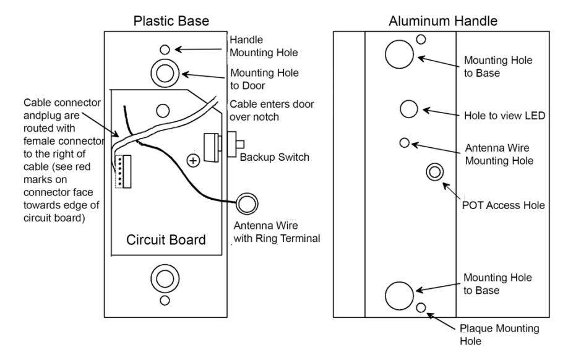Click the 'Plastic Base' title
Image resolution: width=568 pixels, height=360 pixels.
[171, 20]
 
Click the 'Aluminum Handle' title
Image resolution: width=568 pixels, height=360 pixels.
[442, 20]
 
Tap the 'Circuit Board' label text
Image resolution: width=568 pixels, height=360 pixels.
[166, 240]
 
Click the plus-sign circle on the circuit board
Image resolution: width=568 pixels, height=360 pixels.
[193, 160]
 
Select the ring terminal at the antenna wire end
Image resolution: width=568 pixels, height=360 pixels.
[247, 204]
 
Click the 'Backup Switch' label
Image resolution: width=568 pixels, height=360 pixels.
[275, 157]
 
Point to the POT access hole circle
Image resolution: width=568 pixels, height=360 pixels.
[435, 172]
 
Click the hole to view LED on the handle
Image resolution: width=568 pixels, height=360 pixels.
[409, 109]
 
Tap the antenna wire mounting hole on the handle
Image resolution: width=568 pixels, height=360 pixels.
[404, 143]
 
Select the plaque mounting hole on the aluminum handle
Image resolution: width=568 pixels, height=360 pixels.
[421, 307]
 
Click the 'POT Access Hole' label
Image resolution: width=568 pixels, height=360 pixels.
[503, 205]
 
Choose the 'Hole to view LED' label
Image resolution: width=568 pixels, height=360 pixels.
[505, 116]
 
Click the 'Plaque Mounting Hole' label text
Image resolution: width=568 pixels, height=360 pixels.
[499, 335]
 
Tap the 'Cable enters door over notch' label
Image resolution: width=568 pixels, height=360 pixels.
[272, 111]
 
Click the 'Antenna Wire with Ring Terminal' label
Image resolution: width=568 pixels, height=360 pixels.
[277, 232]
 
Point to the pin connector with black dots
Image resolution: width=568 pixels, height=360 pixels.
[123, 172]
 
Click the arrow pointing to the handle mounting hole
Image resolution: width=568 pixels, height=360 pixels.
[199, 49]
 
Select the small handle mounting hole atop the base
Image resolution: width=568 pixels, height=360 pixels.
[165, 49]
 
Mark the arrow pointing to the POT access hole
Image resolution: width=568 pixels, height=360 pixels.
[451, 191]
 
